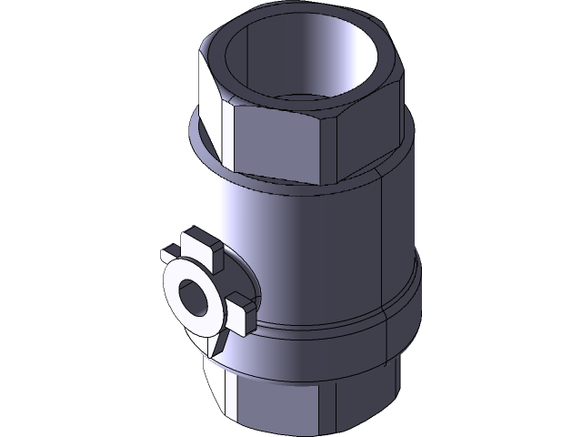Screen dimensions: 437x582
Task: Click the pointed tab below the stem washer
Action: [221, 343]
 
